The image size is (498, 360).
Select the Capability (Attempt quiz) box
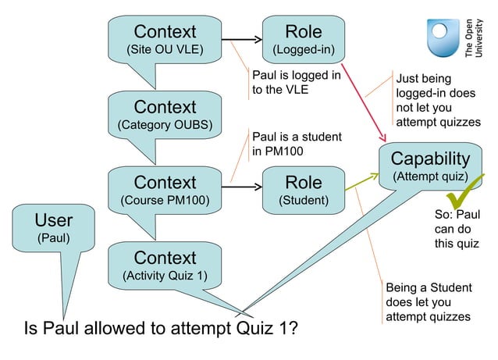[x=430, y=166]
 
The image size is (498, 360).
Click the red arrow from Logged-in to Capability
[x=366, y=98]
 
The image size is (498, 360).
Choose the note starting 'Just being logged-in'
[x=437, y=100]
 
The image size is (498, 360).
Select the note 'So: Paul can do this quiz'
[x=456, y=229]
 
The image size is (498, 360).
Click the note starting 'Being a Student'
[x=427, y=301]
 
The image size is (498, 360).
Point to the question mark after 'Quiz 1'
[x=291, y=328]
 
